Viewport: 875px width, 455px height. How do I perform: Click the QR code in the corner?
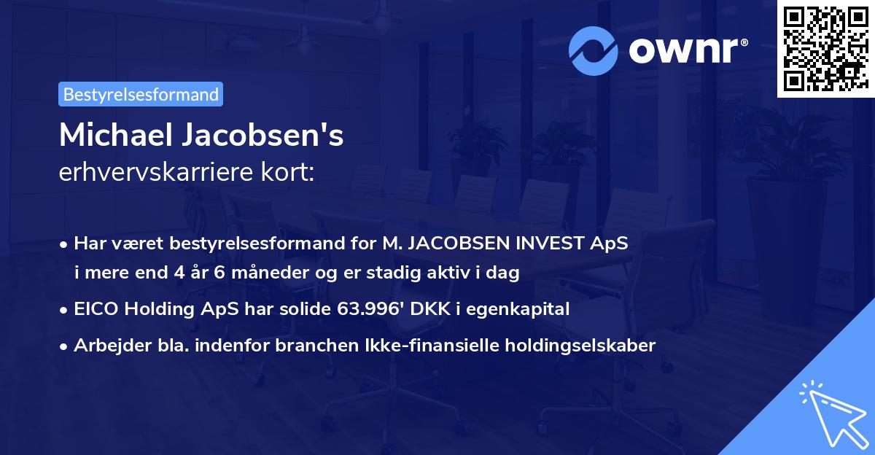(x=825, y=49)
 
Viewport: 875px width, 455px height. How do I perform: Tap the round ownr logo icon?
(x=593, y=51)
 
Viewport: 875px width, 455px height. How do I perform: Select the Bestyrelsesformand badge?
(x=141, y=94)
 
